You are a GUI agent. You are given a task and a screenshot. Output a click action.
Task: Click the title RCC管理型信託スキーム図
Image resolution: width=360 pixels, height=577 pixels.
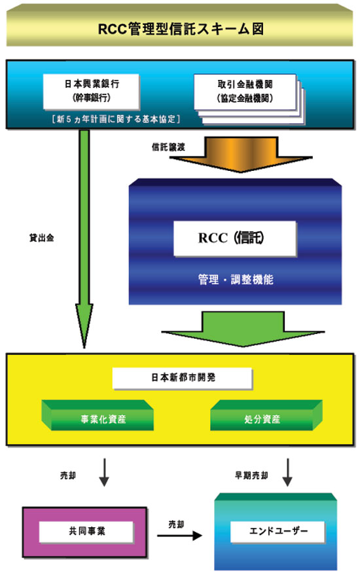point(181,29)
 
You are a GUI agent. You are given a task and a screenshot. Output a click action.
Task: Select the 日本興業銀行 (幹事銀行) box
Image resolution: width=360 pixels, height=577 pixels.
point(91,92)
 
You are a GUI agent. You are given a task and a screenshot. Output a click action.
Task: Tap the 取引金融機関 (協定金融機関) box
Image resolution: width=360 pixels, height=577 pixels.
point(245,92)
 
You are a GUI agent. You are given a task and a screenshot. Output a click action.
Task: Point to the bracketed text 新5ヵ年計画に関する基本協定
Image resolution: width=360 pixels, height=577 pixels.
point(116,119)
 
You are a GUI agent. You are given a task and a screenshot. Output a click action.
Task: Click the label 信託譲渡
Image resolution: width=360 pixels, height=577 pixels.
point(168,147)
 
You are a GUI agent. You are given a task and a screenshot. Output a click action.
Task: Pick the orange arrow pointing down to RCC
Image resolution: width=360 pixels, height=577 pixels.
point(241,154)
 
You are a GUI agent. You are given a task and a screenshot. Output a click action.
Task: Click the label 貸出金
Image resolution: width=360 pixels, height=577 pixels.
point(41,238)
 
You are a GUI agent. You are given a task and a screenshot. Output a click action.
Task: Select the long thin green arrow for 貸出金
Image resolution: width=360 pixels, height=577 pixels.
point(84,238)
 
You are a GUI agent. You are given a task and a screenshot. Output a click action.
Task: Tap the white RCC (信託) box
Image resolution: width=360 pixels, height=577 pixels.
point(235,238)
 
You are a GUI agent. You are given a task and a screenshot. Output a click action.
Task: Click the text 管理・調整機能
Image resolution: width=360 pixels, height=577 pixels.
point(236,279)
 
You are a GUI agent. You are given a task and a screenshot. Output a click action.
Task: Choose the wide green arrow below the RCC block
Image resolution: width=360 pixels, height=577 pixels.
point(243,329)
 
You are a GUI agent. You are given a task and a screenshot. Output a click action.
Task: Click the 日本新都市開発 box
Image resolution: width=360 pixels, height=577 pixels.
point(183,378)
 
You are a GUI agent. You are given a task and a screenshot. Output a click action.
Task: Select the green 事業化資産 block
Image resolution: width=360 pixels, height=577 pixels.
point(98,415)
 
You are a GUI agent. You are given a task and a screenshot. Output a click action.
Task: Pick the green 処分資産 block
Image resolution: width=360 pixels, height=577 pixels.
point(266,415)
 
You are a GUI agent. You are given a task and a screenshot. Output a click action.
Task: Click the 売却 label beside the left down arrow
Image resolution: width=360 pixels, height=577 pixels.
point(68,475)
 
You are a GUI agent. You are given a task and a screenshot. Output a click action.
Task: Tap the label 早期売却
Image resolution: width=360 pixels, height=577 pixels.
point(251,475)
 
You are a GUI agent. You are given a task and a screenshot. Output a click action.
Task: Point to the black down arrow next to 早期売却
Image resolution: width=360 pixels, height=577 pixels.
point(287,472)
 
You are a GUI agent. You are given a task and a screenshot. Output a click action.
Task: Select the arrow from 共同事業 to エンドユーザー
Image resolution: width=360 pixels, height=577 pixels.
point(180,536)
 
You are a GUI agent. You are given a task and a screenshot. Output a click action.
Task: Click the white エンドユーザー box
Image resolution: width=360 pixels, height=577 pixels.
point(278,531)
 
